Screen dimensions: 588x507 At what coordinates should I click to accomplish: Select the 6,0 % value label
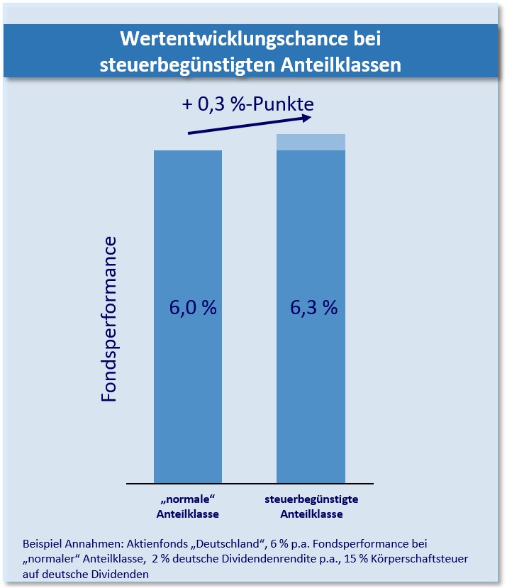192,308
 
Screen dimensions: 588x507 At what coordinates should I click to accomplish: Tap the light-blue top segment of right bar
311,142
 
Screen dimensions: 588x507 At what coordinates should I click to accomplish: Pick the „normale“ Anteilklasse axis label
188,506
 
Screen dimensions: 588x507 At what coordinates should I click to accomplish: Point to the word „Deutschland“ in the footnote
230,544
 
